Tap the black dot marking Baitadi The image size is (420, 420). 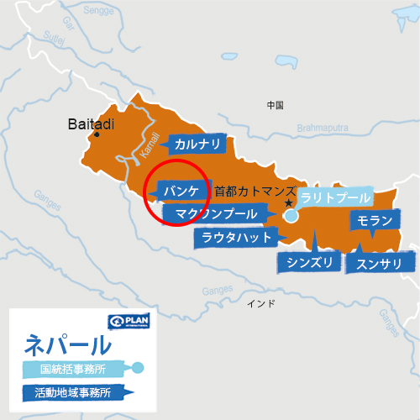point(97,135)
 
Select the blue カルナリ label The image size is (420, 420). point(198,144)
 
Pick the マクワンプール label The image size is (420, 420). point(217,215)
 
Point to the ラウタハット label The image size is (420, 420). point(236,238)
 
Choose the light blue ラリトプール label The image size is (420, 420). point(335,198)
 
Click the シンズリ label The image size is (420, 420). point(310,264)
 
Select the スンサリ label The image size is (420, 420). point(380,264)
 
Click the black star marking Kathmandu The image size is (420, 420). point(288,203)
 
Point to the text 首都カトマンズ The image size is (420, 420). point(255,191)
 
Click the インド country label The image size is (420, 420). point(260,302)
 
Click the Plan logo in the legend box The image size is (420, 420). point(128,323)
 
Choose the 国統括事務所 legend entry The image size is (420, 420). point(75,368)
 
